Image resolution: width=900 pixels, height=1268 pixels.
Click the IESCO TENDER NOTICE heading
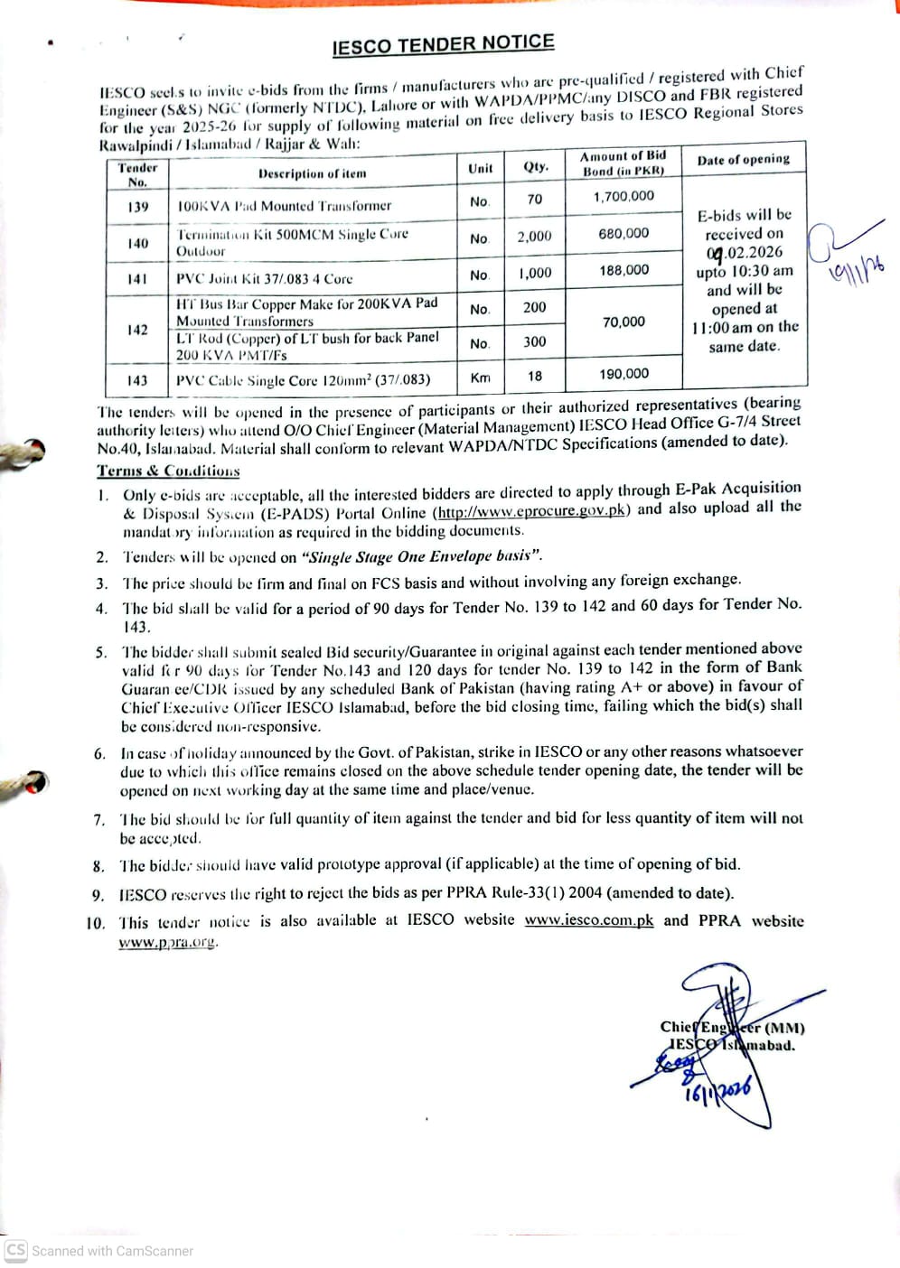point(443,44)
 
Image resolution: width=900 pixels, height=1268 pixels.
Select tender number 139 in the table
point(137,207)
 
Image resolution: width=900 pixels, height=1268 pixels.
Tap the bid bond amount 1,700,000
point(623,196)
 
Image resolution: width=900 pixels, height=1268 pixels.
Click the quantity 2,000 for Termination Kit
point(534,236)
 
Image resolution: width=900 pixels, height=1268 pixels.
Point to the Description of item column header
point(313,173)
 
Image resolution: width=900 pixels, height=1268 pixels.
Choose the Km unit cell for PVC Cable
point(480,378)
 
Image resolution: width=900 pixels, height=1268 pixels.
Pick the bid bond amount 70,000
point(623,322)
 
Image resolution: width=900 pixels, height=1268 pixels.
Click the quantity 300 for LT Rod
point(534,341)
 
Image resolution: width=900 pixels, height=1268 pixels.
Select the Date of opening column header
point(743,160)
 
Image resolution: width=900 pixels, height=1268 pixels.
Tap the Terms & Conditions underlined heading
point(168,471)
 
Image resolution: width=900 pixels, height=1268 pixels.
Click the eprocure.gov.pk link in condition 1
point(532,510)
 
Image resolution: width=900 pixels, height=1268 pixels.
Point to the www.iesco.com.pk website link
point(588,920)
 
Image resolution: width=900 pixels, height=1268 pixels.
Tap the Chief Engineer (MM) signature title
point(732,1027)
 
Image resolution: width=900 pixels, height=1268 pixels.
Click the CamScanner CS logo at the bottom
point(16,1250)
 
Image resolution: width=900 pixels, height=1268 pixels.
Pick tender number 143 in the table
point(137,380)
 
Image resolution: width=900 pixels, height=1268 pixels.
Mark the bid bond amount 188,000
point(623,270)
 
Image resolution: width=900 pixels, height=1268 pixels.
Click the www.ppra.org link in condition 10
point(168,942)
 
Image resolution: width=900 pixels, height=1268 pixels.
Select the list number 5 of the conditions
point(101,652)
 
